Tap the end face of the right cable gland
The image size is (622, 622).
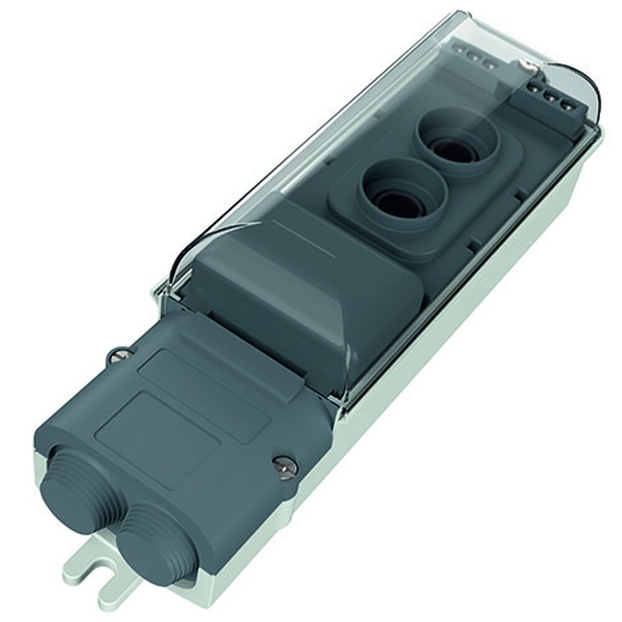(144, 547)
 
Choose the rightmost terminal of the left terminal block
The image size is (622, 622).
(490, 65)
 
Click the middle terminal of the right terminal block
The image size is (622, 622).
(550, 97)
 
